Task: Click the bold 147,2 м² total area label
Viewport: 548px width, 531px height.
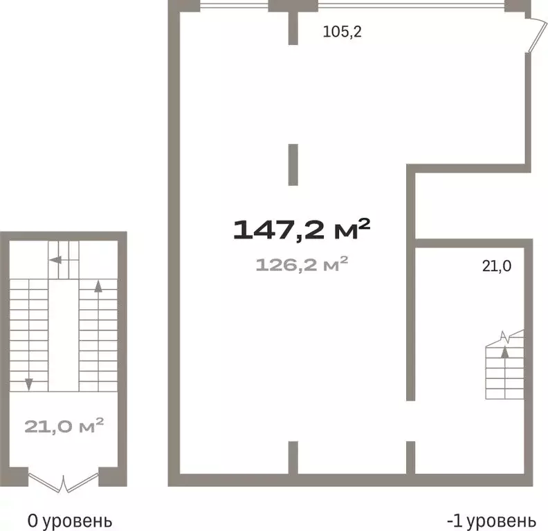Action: (301, 229)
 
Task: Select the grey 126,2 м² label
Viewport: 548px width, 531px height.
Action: (302, 264)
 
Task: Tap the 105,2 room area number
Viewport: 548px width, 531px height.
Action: (342, 32)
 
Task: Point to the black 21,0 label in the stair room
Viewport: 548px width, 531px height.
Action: (497, 266)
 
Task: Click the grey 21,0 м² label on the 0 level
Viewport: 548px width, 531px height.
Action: (64, 426)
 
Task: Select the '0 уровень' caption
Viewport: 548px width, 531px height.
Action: (70, 521)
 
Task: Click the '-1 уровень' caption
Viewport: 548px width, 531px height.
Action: (491, 521)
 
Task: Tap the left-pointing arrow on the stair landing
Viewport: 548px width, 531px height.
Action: (55, 260)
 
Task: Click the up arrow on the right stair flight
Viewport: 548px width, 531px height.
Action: (98, 286)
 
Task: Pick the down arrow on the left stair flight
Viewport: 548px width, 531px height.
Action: (29, 384)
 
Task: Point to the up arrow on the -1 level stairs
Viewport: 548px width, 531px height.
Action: (504, 352)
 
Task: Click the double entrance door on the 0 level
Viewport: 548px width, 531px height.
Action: (63, 483)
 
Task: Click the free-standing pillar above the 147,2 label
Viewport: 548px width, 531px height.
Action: (293, 165)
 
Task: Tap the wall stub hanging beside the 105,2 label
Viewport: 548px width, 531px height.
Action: (293, 28)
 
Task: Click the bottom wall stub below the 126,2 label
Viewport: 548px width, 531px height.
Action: (293, 458)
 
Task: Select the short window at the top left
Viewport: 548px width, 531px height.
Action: (234, 6)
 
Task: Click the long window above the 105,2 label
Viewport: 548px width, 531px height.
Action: (411, 6)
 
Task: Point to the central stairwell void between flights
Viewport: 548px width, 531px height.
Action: (64, 335)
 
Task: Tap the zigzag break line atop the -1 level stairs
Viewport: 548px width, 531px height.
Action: (506, 338)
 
